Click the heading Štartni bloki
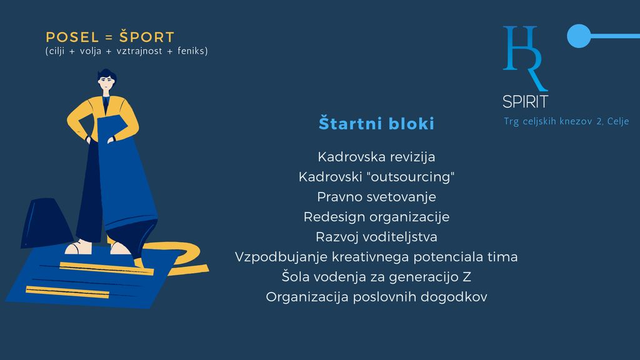click(x=376, y=123)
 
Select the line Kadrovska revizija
click(x=376, y=157)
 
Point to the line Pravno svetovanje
click(x=376, y=197)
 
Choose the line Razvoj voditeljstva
click(x=376, y=237)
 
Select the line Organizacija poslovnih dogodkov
click(x=376, y=297)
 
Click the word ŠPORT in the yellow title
click(x=146, y=37)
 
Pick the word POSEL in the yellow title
click(x=72, y=37)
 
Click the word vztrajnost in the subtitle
click(x=139, y=51)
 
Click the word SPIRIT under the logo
click(x=525, y=102)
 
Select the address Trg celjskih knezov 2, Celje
click(x=566, y=121)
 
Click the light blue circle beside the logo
click(x=579, y=36)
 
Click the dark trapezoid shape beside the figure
click(x=46, y=222)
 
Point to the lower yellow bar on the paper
click(x=67, y=292)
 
